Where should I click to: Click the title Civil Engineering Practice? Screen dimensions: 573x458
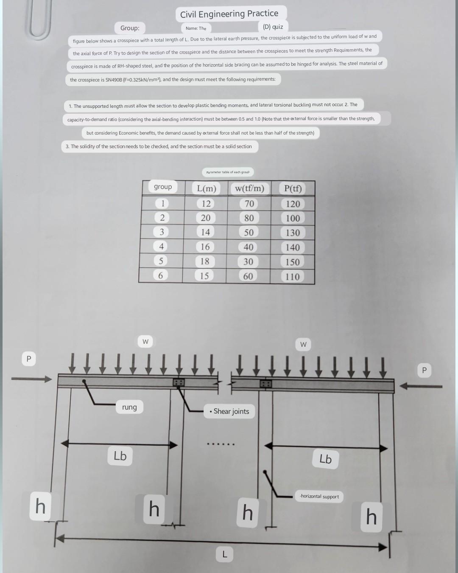click(229, 14)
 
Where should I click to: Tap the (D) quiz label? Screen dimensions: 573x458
click(273, 27)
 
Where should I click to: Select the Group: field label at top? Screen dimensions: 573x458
click(130, 28)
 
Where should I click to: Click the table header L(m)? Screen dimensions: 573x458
click(206, 188)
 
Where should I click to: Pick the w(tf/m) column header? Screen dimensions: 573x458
click(249, 188)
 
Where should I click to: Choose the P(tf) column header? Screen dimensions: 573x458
click(293, 188)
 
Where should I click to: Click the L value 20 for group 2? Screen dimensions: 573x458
click(206, 218)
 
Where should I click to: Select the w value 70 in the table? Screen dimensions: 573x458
click(249, 204)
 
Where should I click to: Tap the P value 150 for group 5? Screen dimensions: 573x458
click(293, 262)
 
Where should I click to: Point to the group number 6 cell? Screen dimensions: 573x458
click(160, 275)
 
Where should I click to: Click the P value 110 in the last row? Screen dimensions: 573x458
click(293, 277)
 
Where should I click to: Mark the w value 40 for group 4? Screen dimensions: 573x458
click(249, 247)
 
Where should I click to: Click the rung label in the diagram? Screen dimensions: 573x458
click(129, 407)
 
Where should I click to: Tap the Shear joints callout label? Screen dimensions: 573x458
click(229, 411)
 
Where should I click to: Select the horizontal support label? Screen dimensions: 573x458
click(319, 496)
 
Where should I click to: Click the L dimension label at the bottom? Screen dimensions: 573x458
click(225, 553)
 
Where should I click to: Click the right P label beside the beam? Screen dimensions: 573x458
click(424, 371)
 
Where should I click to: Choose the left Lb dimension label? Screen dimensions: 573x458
click(120, 456)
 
